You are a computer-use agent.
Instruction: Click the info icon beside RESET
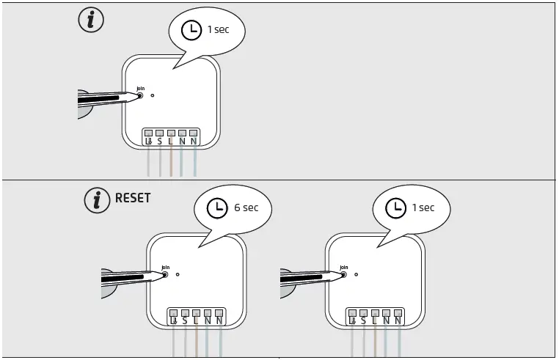96,199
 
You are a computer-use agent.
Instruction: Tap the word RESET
133,199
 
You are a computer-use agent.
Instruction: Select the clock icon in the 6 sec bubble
216,208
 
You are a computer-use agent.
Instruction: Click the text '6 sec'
246,208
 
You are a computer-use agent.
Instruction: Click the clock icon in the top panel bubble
191,30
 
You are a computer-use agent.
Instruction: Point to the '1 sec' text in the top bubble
219,30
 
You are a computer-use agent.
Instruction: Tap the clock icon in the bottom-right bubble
395,208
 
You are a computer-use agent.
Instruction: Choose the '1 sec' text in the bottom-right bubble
423,208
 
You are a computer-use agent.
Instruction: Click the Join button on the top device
141,95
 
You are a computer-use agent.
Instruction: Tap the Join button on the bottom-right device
344,276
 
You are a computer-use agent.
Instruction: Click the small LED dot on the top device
152,95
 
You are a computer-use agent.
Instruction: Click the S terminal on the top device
159,139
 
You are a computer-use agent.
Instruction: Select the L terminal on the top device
171,139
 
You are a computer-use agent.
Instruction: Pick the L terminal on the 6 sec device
197,318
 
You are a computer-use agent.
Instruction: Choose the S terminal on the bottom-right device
363,318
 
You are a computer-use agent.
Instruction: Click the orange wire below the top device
171,162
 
